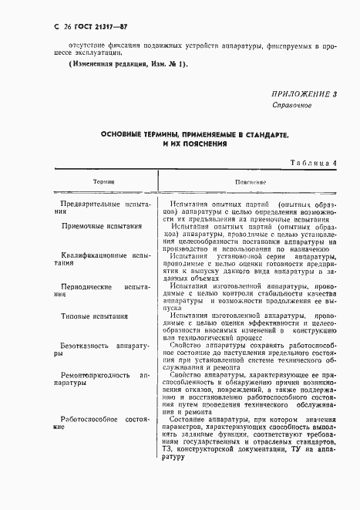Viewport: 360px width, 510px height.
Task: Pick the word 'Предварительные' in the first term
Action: [x=87, y=206]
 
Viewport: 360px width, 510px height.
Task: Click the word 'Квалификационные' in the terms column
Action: [x=94, y=254]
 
